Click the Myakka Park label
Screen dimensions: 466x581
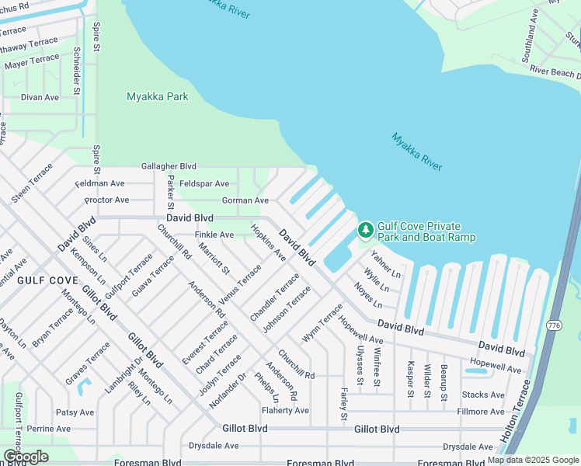[x=158, y=97]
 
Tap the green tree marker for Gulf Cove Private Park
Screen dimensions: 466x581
[x=364, y=230]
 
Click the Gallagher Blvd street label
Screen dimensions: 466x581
[x=169, y=166]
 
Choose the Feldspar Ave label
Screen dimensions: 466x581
[x=204, y=183]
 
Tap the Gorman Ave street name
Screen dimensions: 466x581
[x=245, y=200]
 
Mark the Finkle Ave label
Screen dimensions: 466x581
[x=214, y=235]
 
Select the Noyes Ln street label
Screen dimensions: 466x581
[x=368, y=295]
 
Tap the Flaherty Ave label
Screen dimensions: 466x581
[x=285, y=411]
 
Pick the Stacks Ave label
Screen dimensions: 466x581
[x=483, y=395]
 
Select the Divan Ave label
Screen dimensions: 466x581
[x=40, y=97]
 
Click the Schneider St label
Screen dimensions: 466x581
[x=76, y=71]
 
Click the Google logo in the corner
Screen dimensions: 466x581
[x=26, y=457]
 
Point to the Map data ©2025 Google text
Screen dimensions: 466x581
[x=532, y=460]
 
